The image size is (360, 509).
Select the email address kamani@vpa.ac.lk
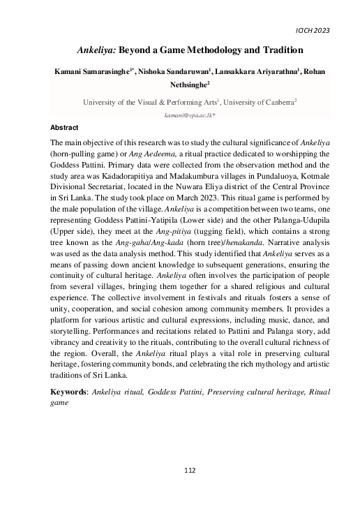click(x=180, y=114)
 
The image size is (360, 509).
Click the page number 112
click(x=181, y=471)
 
